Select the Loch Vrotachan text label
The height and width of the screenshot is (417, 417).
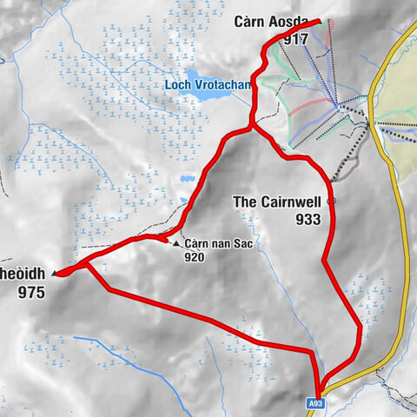pyautogui.click(x=206, y=85)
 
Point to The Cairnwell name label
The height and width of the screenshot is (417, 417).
pyautogui.click(x=277, y=202)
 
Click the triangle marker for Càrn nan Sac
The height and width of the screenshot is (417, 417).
pyautogui.click(x=176, y=244)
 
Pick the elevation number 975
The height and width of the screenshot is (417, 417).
pyautogui.click(x=32, y=293)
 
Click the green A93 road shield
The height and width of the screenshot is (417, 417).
pyautogui.click(x=318, y=404)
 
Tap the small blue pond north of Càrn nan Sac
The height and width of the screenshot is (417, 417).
pyautogui.click(x=187, y=180)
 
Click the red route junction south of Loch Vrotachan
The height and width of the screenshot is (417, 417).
pyautogui.click(x=252, y=129)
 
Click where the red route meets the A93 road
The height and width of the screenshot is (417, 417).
pyautogui.click(x=319, y=393)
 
